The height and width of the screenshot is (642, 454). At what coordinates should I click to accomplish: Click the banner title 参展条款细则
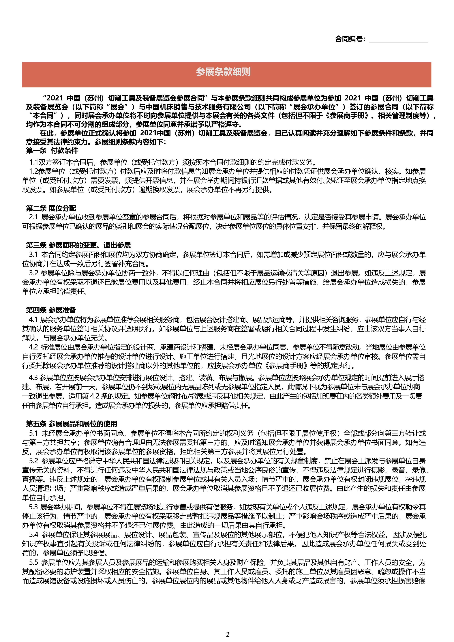223,72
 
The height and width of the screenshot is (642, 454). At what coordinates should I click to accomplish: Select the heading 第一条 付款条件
52,151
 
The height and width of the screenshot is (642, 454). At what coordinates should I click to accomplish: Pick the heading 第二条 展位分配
51,208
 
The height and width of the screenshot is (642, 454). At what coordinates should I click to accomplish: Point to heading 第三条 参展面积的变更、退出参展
78,245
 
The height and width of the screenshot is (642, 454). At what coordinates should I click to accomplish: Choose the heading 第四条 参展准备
51,310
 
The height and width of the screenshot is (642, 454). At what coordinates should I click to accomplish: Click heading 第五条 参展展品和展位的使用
72,424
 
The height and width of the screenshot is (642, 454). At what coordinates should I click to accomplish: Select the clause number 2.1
33,217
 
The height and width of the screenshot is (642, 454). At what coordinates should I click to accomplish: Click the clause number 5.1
33,433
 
